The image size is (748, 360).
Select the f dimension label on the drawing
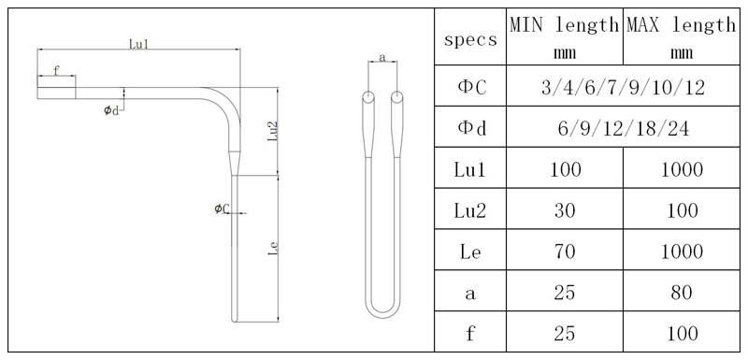pos(56,70)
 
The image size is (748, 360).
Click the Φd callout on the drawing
pos(111,110)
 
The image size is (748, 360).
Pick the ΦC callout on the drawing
pos(220,208)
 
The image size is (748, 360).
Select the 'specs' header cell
pos(470,41)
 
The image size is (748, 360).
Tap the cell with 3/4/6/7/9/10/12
pos(622,89)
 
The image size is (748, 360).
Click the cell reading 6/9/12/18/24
pos(622,130)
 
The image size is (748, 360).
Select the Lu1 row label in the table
pos(470,171)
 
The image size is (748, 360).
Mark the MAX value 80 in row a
pos(680,293)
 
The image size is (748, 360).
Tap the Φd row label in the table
pos(470,130)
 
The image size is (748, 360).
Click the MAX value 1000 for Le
pos(680,252)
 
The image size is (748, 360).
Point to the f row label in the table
pos(470,333)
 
